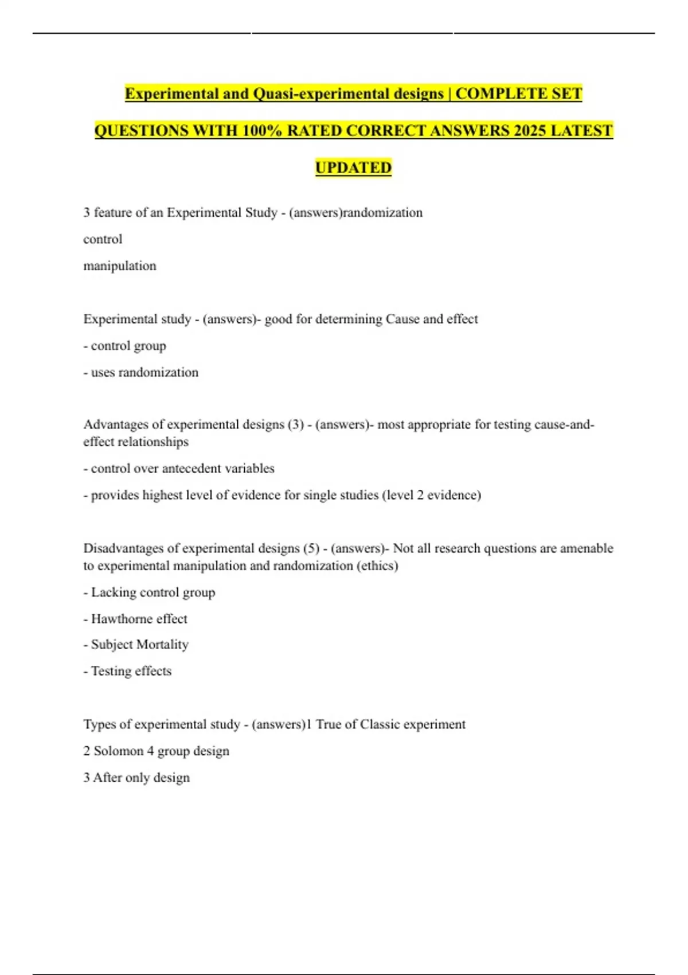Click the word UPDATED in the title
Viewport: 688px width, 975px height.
point(353,167)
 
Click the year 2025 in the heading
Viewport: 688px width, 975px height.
point(529,131)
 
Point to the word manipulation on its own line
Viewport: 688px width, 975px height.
point(120,266)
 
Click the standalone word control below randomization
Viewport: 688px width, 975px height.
point(103,239)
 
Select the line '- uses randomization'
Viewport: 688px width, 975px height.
point(141,372)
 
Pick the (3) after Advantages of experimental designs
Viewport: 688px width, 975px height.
point(295,425)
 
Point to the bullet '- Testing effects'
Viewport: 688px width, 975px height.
point(127,671)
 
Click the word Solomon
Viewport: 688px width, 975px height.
point(119,751)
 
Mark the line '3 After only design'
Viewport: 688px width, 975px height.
point(136,778)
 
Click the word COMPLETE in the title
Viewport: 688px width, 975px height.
point(501,93)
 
